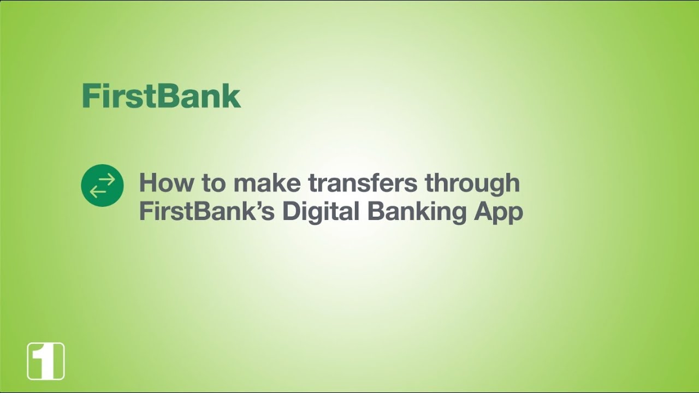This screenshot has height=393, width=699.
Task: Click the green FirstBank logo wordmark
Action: [x=161, y=97]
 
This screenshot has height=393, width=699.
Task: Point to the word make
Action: [x=267, y=183]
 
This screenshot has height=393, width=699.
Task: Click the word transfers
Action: [x=364, y=183]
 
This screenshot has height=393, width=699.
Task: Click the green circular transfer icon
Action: [x=102, y=185]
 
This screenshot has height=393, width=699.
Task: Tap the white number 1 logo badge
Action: [x=46, y=361]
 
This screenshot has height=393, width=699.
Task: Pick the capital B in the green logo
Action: [x=163, y=97]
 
